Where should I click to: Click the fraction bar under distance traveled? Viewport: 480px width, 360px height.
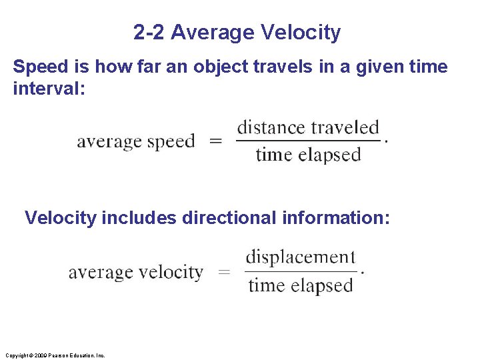pyautogui.click(x=308, y=141)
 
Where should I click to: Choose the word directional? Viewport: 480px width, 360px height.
pyautogui.click(x=227, y=218)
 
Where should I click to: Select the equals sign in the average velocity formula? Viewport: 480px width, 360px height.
pyautogui.click(x=225, y=272)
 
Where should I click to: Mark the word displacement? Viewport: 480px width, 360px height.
pyautogui.click(x=301, y=257)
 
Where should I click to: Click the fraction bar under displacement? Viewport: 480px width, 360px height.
pyautogui.click(x=301, y=271)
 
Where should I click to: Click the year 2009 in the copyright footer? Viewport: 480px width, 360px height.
pyautogui.click(x=40, y=355)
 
